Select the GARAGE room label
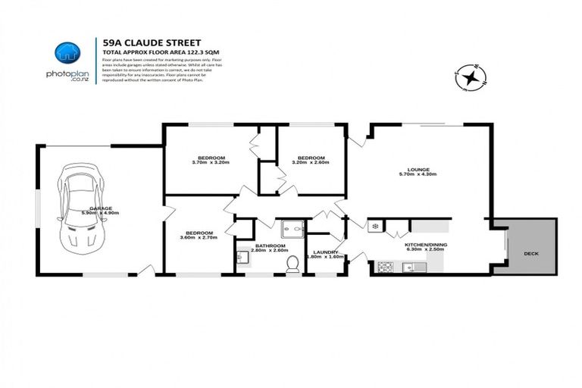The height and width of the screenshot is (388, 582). pyautogui.click(x=101, y=208)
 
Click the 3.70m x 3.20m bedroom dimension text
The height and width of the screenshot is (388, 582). pyautogui.click(x=210, y=162)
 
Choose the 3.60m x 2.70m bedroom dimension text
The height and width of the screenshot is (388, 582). pyautogui.click(x=199, y=238)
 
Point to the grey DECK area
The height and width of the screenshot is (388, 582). pyautogui.click(x=532, y=254)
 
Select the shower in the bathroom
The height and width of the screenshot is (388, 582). pyautogui.click(x=290, y=228)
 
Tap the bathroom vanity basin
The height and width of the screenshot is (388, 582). pyautogui.click(x=241, y=258)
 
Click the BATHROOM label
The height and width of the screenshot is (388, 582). pyautogui.click(x=270, y=246)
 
